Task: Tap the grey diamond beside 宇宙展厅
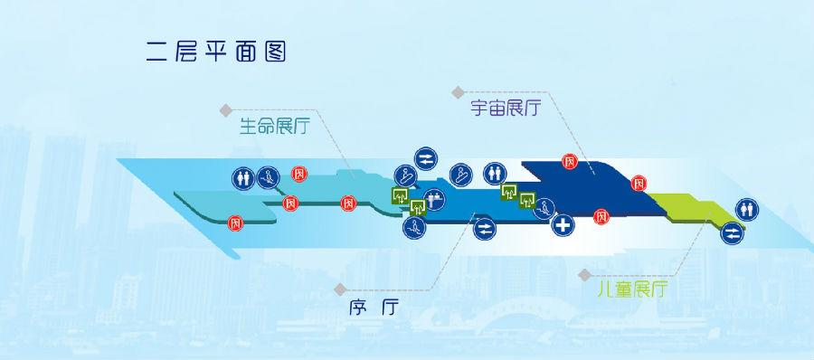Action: [x=457, y=91]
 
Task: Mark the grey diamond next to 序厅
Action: [x=339, y=289]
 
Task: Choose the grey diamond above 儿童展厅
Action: [x=581, y=272]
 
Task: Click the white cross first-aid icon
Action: [x=564, y=225]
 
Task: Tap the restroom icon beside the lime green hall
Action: [x=747, y=209]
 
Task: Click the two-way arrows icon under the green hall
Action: [x=732, y=234]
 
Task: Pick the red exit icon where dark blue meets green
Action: [x=639, y=183]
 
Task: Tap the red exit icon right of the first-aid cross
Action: [x=599, y=216]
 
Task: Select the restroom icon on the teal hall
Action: [x=243, y=175]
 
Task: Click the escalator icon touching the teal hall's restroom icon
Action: [x=266, y=177]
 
